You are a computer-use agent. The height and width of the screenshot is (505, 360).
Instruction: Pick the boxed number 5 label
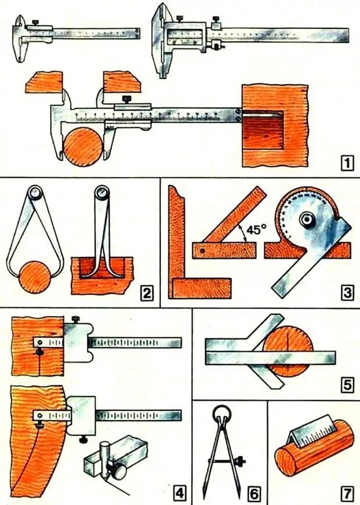(347, 384)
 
